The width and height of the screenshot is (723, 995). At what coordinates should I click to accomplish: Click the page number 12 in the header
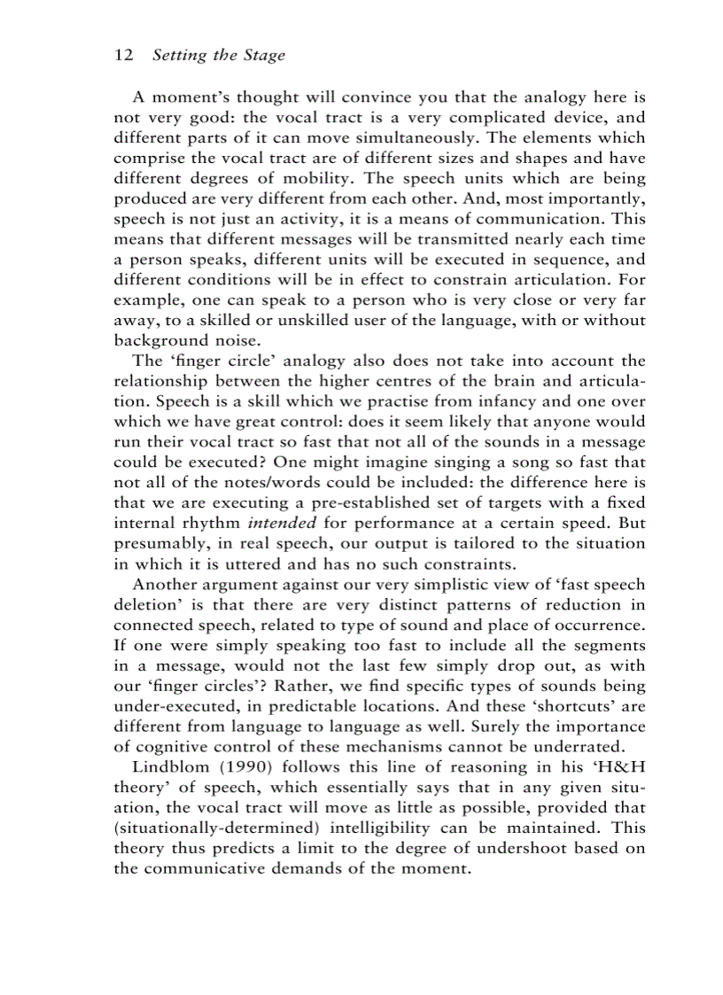click(124, 55)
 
